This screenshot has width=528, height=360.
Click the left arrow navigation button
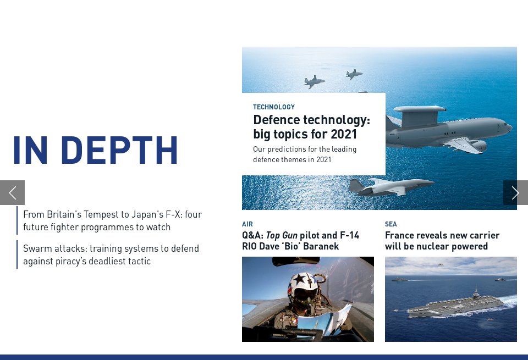coord(12,192)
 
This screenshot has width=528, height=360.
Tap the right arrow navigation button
coord(515,192)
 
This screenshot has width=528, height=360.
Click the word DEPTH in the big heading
coord(119,150)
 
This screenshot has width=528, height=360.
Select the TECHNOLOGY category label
coord(273,107)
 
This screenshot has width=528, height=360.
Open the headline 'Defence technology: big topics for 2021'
coord(311,127)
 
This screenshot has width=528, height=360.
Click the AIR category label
coord(248,224)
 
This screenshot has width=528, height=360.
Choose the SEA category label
coord(391,224)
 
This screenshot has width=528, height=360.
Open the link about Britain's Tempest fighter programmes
coord(112,220)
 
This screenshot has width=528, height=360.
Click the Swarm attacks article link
coord(111,254)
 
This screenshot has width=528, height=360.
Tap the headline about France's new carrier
coord(442,241)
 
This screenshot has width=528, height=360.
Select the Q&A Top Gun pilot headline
coord(300,241)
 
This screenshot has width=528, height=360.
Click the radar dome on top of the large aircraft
coord(419,110)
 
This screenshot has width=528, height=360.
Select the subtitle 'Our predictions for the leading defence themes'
coord(305,154)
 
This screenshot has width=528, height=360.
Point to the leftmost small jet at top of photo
coord(314,82)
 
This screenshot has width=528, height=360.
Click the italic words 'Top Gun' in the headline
coord(282,235)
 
